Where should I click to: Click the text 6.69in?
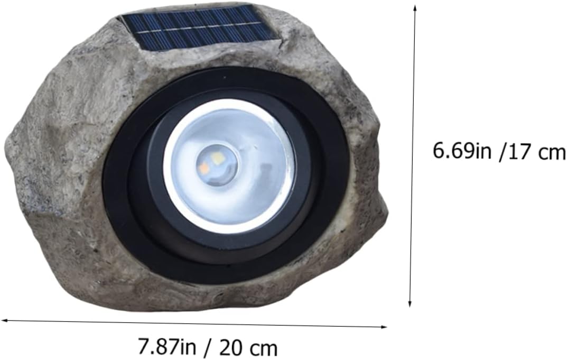point(462,151)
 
